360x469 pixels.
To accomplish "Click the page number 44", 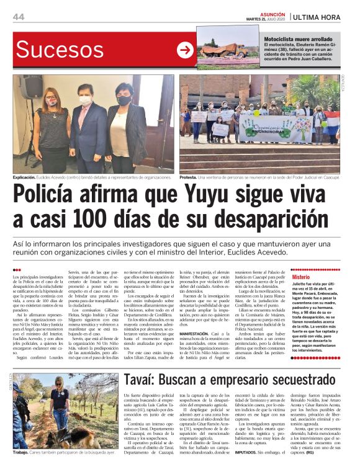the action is click(19, 16).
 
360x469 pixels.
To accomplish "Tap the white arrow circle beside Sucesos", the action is click(185, 51).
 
